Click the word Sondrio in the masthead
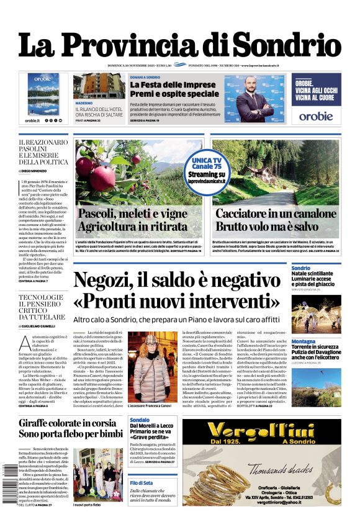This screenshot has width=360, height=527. point(286,45)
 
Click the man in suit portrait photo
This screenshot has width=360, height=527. point(255,98)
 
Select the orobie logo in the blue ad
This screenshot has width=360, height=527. point(316,115)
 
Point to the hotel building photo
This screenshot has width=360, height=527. point(98,85)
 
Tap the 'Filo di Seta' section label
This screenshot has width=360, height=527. point(141,482)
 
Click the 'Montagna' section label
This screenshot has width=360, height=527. point(303,341)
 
